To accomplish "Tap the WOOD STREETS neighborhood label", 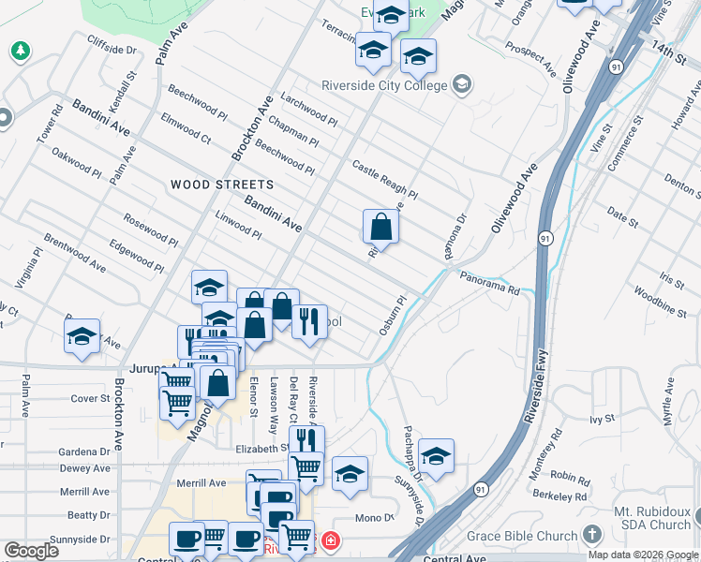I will pos(222,185).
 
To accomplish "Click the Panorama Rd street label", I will pos(489,283).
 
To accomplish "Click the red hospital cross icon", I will pos(330,540).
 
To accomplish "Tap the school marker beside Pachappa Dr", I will pos(436,456).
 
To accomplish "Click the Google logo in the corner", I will pos(30,551).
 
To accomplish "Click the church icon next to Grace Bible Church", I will pos(591,535).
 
